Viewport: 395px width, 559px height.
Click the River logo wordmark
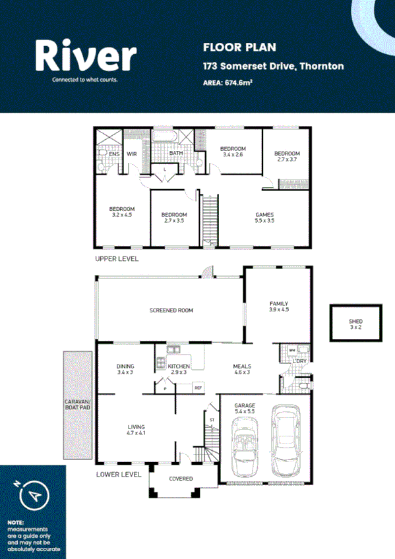pos(86,55)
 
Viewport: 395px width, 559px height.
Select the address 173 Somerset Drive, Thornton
pos(273,67)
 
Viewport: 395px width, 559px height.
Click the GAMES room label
pos(264,218)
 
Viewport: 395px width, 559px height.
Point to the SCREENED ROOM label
pos(171,310)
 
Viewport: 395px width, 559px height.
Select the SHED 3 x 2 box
pos(355,323)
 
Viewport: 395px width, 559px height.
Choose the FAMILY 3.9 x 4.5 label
pos(279,307)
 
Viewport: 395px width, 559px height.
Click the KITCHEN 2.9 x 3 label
pos(179,370)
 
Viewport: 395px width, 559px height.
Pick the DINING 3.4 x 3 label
pos(125,369)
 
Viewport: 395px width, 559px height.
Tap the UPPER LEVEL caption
pos(117,259)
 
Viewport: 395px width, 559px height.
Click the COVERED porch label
pos(181,479)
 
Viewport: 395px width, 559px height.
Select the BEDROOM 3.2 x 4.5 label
pos(122,212)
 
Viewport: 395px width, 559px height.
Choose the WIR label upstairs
pos(131,154)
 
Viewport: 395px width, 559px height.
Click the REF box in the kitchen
pos(198,388)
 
